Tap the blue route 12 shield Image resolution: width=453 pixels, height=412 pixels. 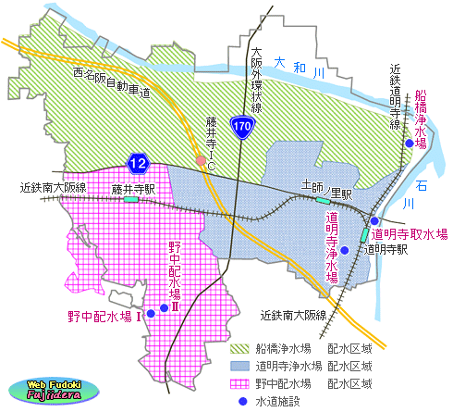pyautogui.click(x=138, y=164)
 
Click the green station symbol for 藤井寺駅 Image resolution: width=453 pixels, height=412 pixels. pyautogui.click(x=132, y=197)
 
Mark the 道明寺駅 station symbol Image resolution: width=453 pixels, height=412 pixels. pyautogui.click(x=364, y=236)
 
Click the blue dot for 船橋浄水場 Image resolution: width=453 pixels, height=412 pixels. pyautogui.click(x=409, y=144)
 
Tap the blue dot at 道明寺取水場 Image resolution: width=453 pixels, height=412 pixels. pyautogui.click(x=374, y=221)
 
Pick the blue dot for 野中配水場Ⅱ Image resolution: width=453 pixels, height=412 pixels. pyautogui.click(x=165, y=307)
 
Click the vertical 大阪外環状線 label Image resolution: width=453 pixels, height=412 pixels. pyautogui.click(x=257, y=79)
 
